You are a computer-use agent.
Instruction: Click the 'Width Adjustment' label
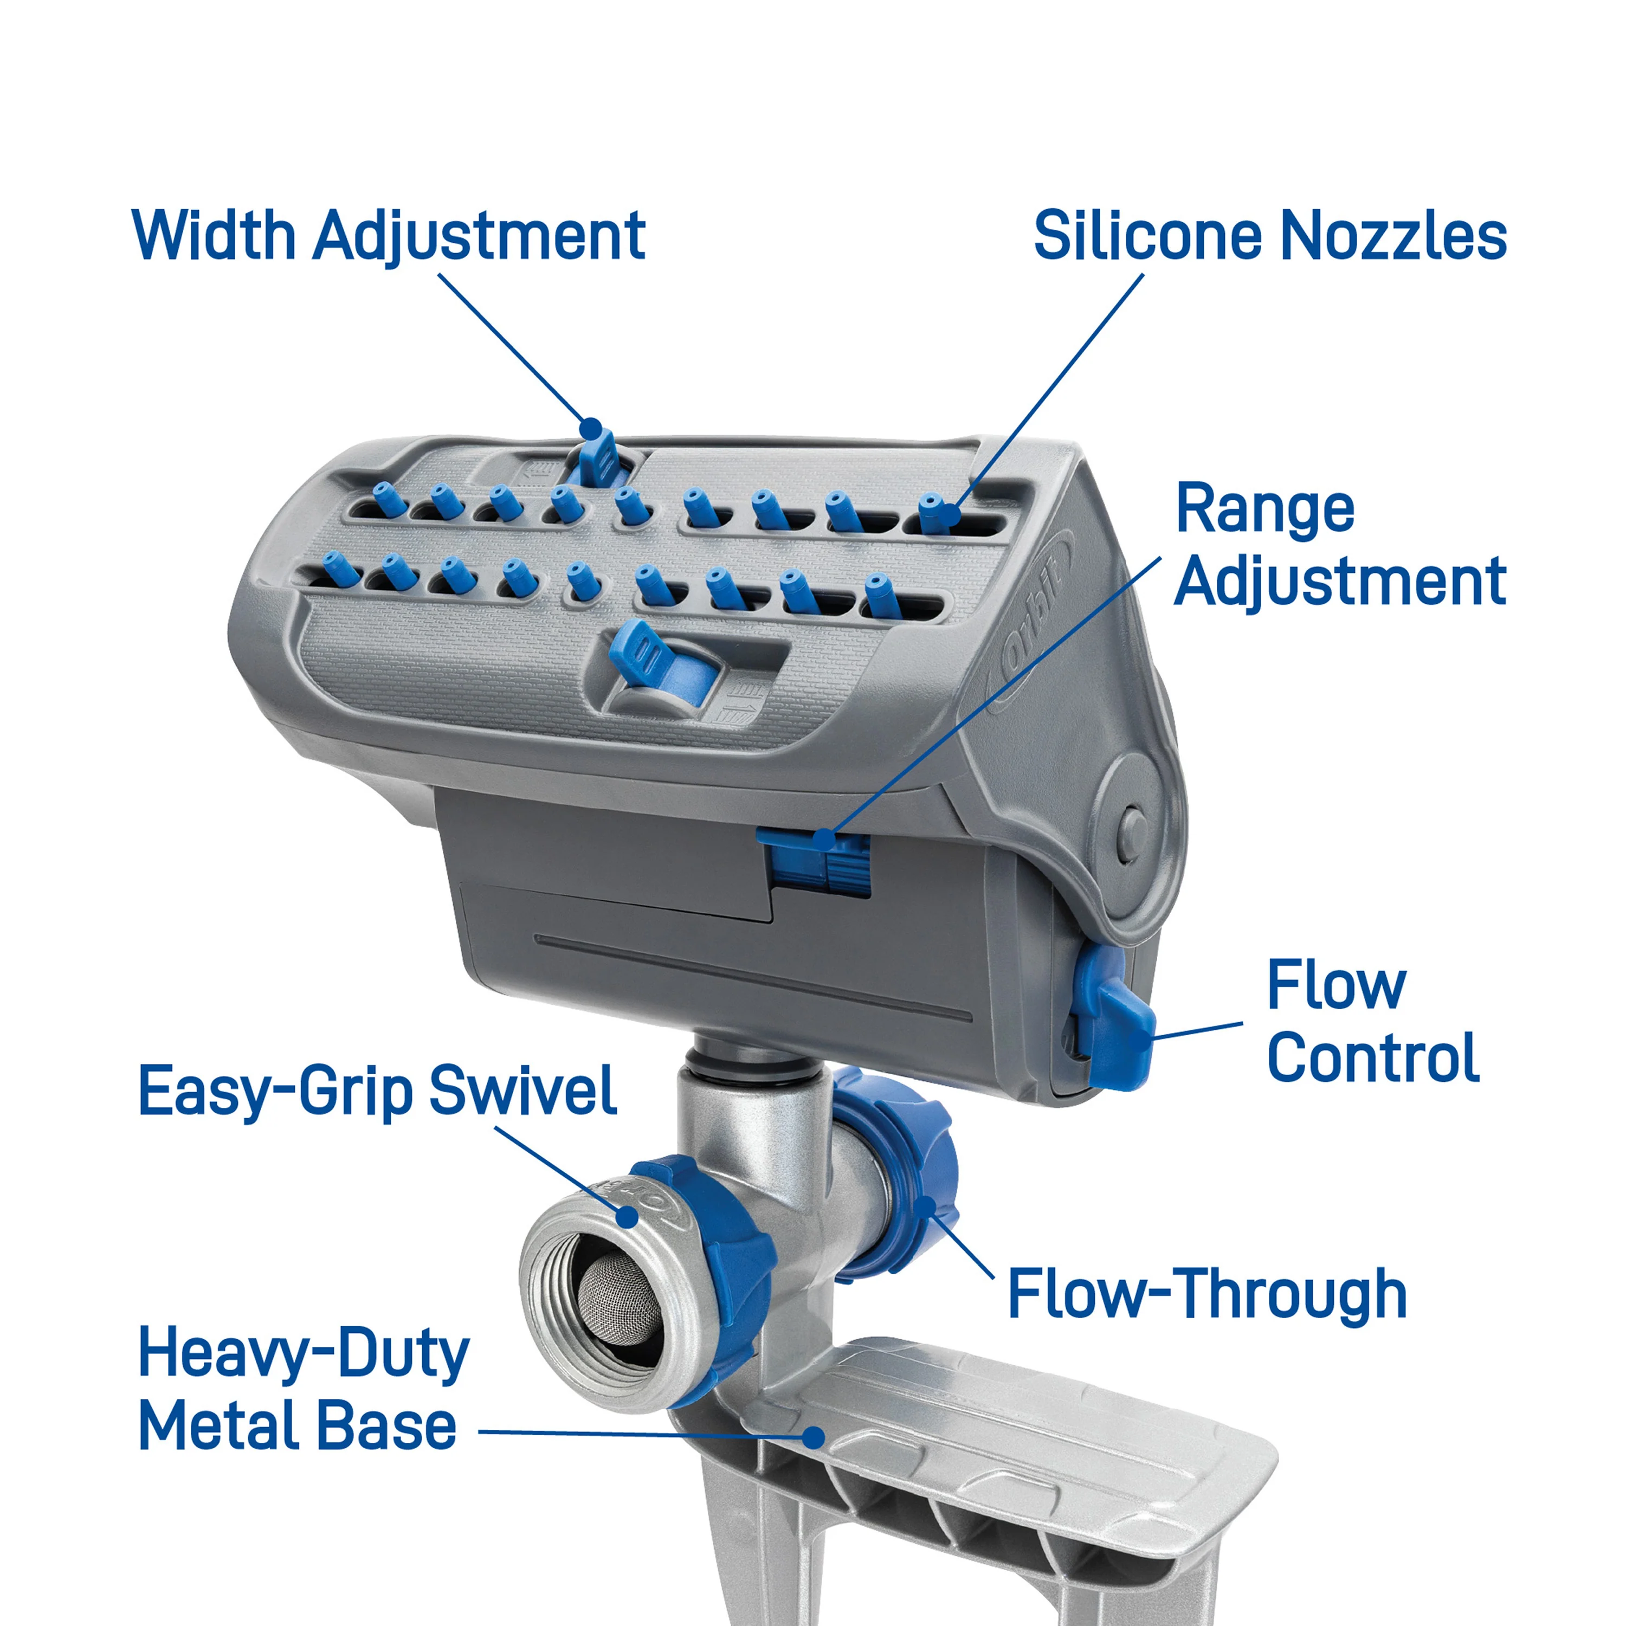(389, 236)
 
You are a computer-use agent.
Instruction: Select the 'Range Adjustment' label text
(1340, 545)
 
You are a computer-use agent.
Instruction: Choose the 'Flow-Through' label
(1207, 1294)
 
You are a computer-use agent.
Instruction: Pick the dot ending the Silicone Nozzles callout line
(951, 514)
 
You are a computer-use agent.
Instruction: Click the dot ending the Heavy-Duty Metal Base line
(813, 1436)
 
